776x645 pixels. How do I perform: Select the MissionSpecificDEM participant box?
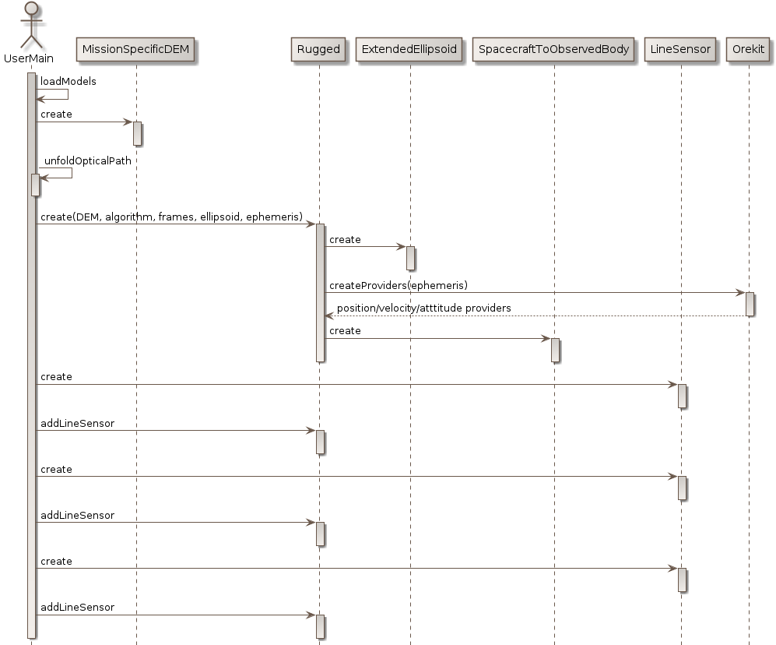pos(135,50)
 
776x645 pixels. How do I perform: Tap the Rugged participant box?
pos(318,50)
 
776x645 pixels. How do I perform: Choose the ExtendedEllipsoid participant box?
pos(409,50)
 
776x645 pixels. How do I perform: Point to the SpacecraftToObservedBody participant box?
pos(553,50)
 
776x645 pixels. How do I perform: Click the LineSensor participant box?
pos(680,50)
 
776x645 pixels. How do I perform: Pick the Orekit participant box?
pos(749,50)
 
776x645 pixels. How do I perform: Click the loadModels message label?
pos(68,82)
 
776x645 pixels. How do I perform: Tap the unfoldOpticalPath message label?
pos(88,161)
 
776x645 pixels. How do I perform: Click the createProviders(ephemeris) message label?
pos(399,286)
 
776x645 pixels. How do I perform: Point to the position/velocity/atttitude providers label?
pos(423,308)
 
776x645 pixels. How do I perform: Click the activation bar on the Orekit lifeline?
pos(750,304)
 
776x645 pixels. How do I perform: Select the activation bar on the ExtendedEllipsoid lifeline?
pos(410,258)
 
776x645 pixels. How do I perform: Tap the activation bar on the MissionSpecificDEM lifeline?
pos(137,133)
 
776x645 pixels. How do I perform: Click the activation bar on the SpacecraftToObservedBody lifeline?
pos(554,350)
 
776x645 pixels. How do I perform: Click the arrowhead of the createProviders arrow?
pos(741,293)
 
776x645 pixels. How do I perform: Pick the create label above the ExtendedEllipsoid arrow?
pos(345,240)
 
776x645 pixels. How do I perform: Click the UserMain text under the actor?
pos(29,58)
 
